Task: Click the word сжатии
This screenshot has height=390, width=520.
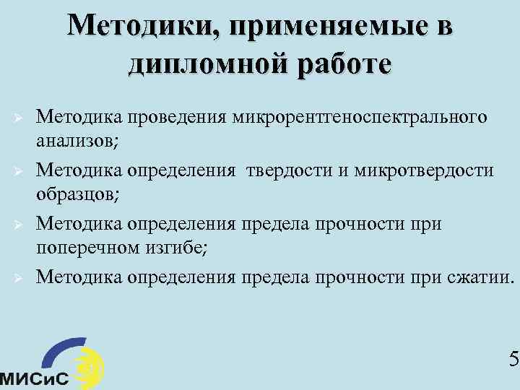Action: click(x=476, y=277)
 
